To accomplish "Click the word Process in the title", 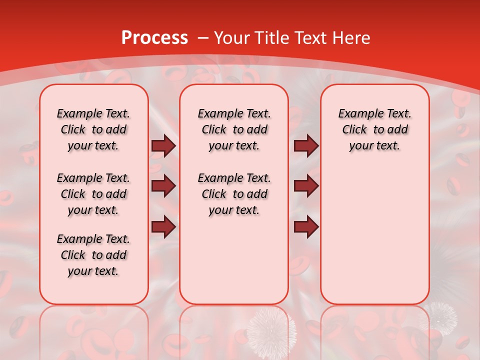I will [154, 38].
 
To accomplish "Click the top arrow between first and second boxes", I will [163, 146].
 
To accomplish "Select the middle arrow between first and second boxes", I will [163, 186].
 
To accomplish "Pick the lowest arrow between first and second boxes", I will [163, 227].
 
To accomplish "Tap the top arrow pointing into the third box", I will [306, 146].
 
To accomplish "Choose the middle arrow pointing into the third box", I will [306, 186].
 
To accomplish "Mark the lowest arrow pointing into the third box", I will [306, 227].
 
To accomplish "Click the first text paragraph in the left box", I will [93, 129].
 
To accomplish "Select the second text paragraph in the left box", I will [93, 194].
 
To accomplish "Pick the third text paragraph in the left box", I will [93, 255].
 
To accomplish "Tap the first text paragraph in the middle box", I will [234, 129].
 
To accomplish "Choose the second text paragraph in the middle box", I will [234, 194].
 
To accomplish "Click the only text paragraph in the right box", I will [374, 129].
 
